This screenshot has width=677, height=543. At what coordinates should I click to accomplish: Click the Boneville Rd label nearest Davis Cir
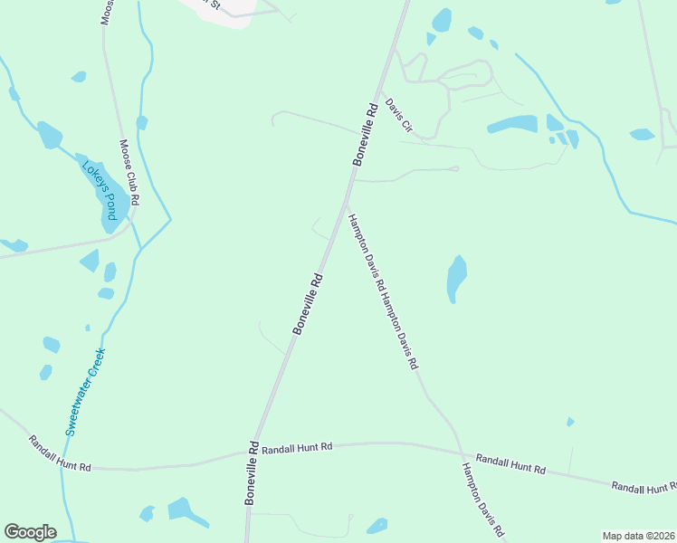365,133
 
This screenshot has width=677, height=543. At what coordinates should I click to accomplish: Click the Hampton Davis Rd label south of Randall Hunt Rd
482,500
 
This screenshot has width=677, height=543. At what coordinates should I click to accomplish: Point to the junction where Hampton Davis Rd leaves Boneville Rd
345,201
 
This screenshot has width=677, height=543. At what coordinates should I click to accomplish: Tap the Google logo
30,532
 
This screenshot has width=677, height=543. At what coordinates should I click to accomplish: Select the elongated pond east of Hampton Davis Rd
457,279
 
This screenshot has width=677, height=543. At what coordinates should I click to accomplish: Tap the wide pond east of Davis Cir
513,124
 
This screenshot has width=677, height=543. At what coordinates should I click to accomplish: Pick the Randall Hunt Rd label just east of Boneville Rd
302,447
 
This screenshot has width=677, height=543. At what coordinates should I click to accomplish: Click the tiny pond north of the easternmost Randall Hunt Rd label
570,422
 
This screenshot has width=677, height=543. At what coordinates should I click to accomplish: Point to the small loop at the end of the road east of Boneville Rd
454,168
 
